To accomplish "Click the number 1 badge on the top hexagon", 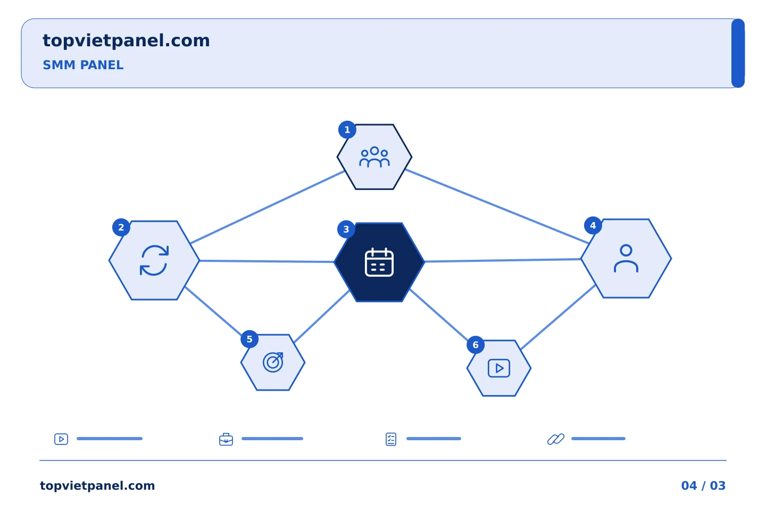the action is click(x=347, y=130).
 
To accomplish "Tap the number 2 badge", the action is click(x=121, y=227).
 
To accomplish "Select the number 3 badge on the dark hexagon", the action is click(x=346, y=229).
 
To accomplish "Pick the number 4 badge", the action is click(x=593, y=226).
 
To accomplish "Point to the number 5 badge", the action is click(x=249, y=339).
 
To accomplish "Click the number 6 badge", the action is click(x=476, y=345).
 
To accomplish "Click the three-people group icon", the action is click(x=374, y=157).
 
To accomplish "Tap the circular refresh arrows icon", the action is click(x=154, y=260).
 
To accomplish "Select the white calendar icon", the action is click(x=379, y=262).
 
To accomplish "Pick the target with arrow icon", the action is click(x=273, y=362).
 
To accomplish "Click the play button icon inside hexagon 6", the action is click(x=499, y=368).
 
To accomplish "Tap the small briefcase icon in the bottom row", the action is click(x=226, y=439).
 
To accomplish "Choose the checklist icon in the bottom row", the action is click(x=391, y=439).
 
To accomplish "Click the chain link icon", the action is click(x=556, y=439).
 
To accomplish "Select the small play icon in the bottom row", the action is click(x=61, y=439).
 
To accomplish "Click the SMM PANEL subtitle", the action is click(x=83, y=65).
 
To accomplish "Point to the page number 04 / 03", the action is click(x=703, y=485).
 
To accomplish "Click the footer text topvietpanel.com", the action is click(x=97, y=486).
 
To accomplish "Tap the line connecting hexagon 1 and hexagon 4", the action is click(x=497, y=207).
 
